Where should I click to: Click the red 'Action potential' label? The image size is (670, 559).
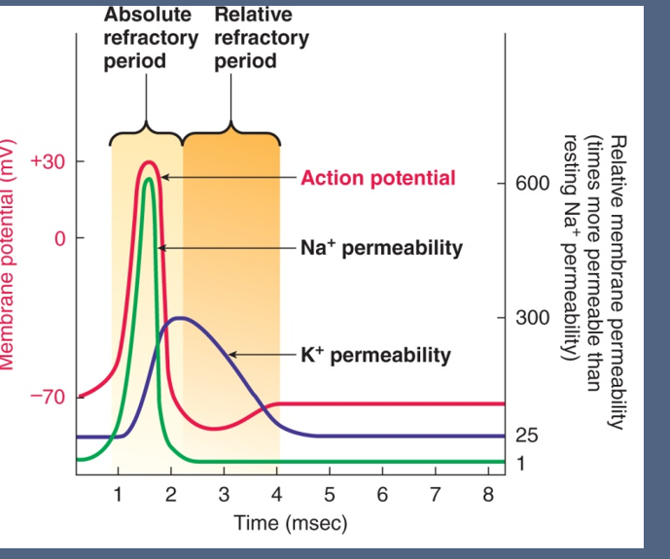click(377, 178)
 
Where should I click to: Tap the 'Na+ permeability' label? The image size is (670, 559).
click(381, 247)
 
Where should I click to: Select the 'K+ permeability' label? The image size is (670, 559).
click(375, 355)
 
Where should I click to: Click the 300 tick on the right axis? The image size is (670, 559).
click(530, 317)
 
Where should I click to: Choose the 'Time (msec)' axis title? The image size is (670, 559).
click(290, 523)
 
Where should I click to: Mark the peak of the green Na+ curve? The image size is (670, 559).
click(149, 179)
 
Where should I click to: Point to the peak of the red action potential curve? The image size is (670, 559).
click(148, 162)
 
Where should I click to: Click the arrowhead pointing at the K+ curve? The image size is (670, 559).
click(233, 354)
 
